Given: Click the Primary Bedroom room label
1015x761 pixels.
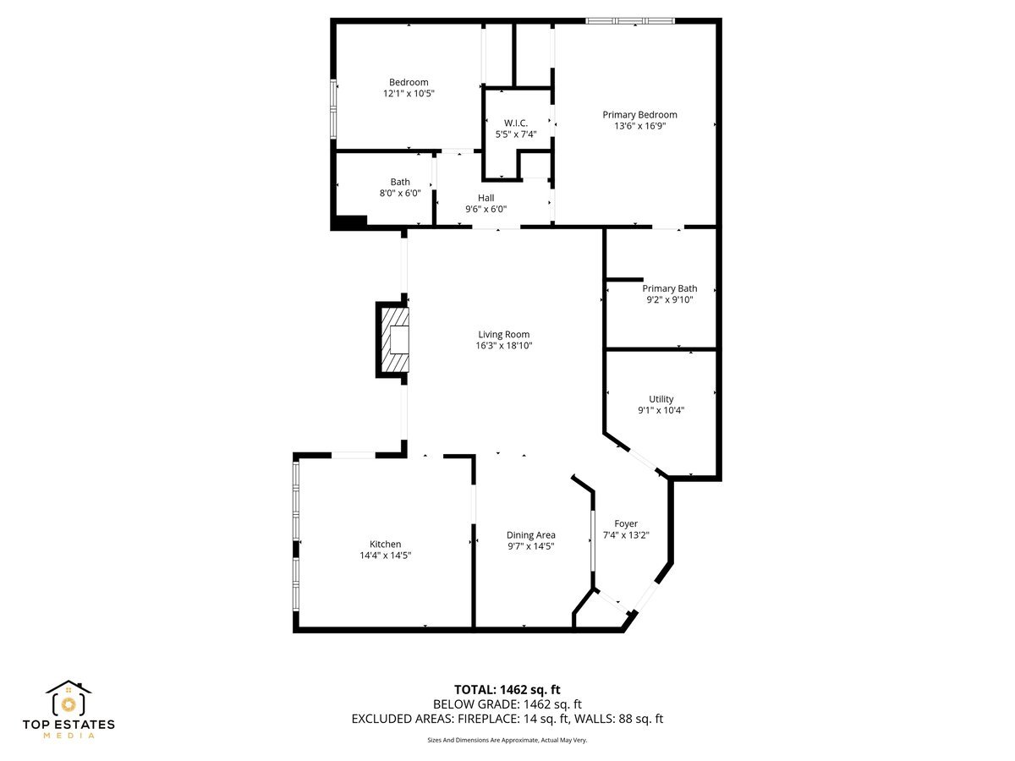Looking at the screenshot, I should click(x=639, y=115).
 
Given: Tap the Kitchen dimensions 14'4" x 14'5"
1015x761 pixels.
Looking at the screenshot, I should click(x=385, y=556).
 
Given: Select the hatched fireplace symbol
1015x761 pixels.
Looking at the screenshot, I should click(x=395, y=340).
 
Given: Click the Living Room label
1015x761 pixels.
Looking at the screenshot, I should click(x=503, y=334).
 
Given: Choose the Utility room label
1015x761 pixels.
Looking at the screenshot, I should click(x=661, y=399).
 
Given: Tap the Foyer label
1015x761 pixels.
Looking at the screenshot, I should click(x=626, y=523).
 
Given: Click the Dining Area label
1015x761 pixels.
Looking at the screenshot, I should click(x=530, y=534).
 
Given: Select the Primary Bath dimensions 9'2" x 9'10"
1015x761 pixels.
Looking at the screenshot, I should click(x=669, y=299).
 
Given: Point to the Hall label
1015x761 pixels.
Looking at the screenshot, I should click(x=486, y=198).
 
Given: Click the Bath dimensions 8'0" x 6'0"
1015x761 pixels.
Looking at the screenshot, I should click(x=400, y=193).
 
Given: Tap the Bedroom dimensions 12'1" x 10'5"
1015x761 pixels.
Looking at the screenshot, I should click(x=409, y=94).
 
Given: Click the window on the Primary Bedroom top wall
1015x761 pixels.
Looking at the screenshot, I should click(x=630, y=20).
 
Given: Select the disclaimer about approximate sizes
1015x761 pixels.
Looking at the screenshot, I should click(x=507, y=740).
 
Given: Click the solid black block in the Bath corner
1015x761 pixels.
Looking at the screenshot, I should click(x=348, y=223).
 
